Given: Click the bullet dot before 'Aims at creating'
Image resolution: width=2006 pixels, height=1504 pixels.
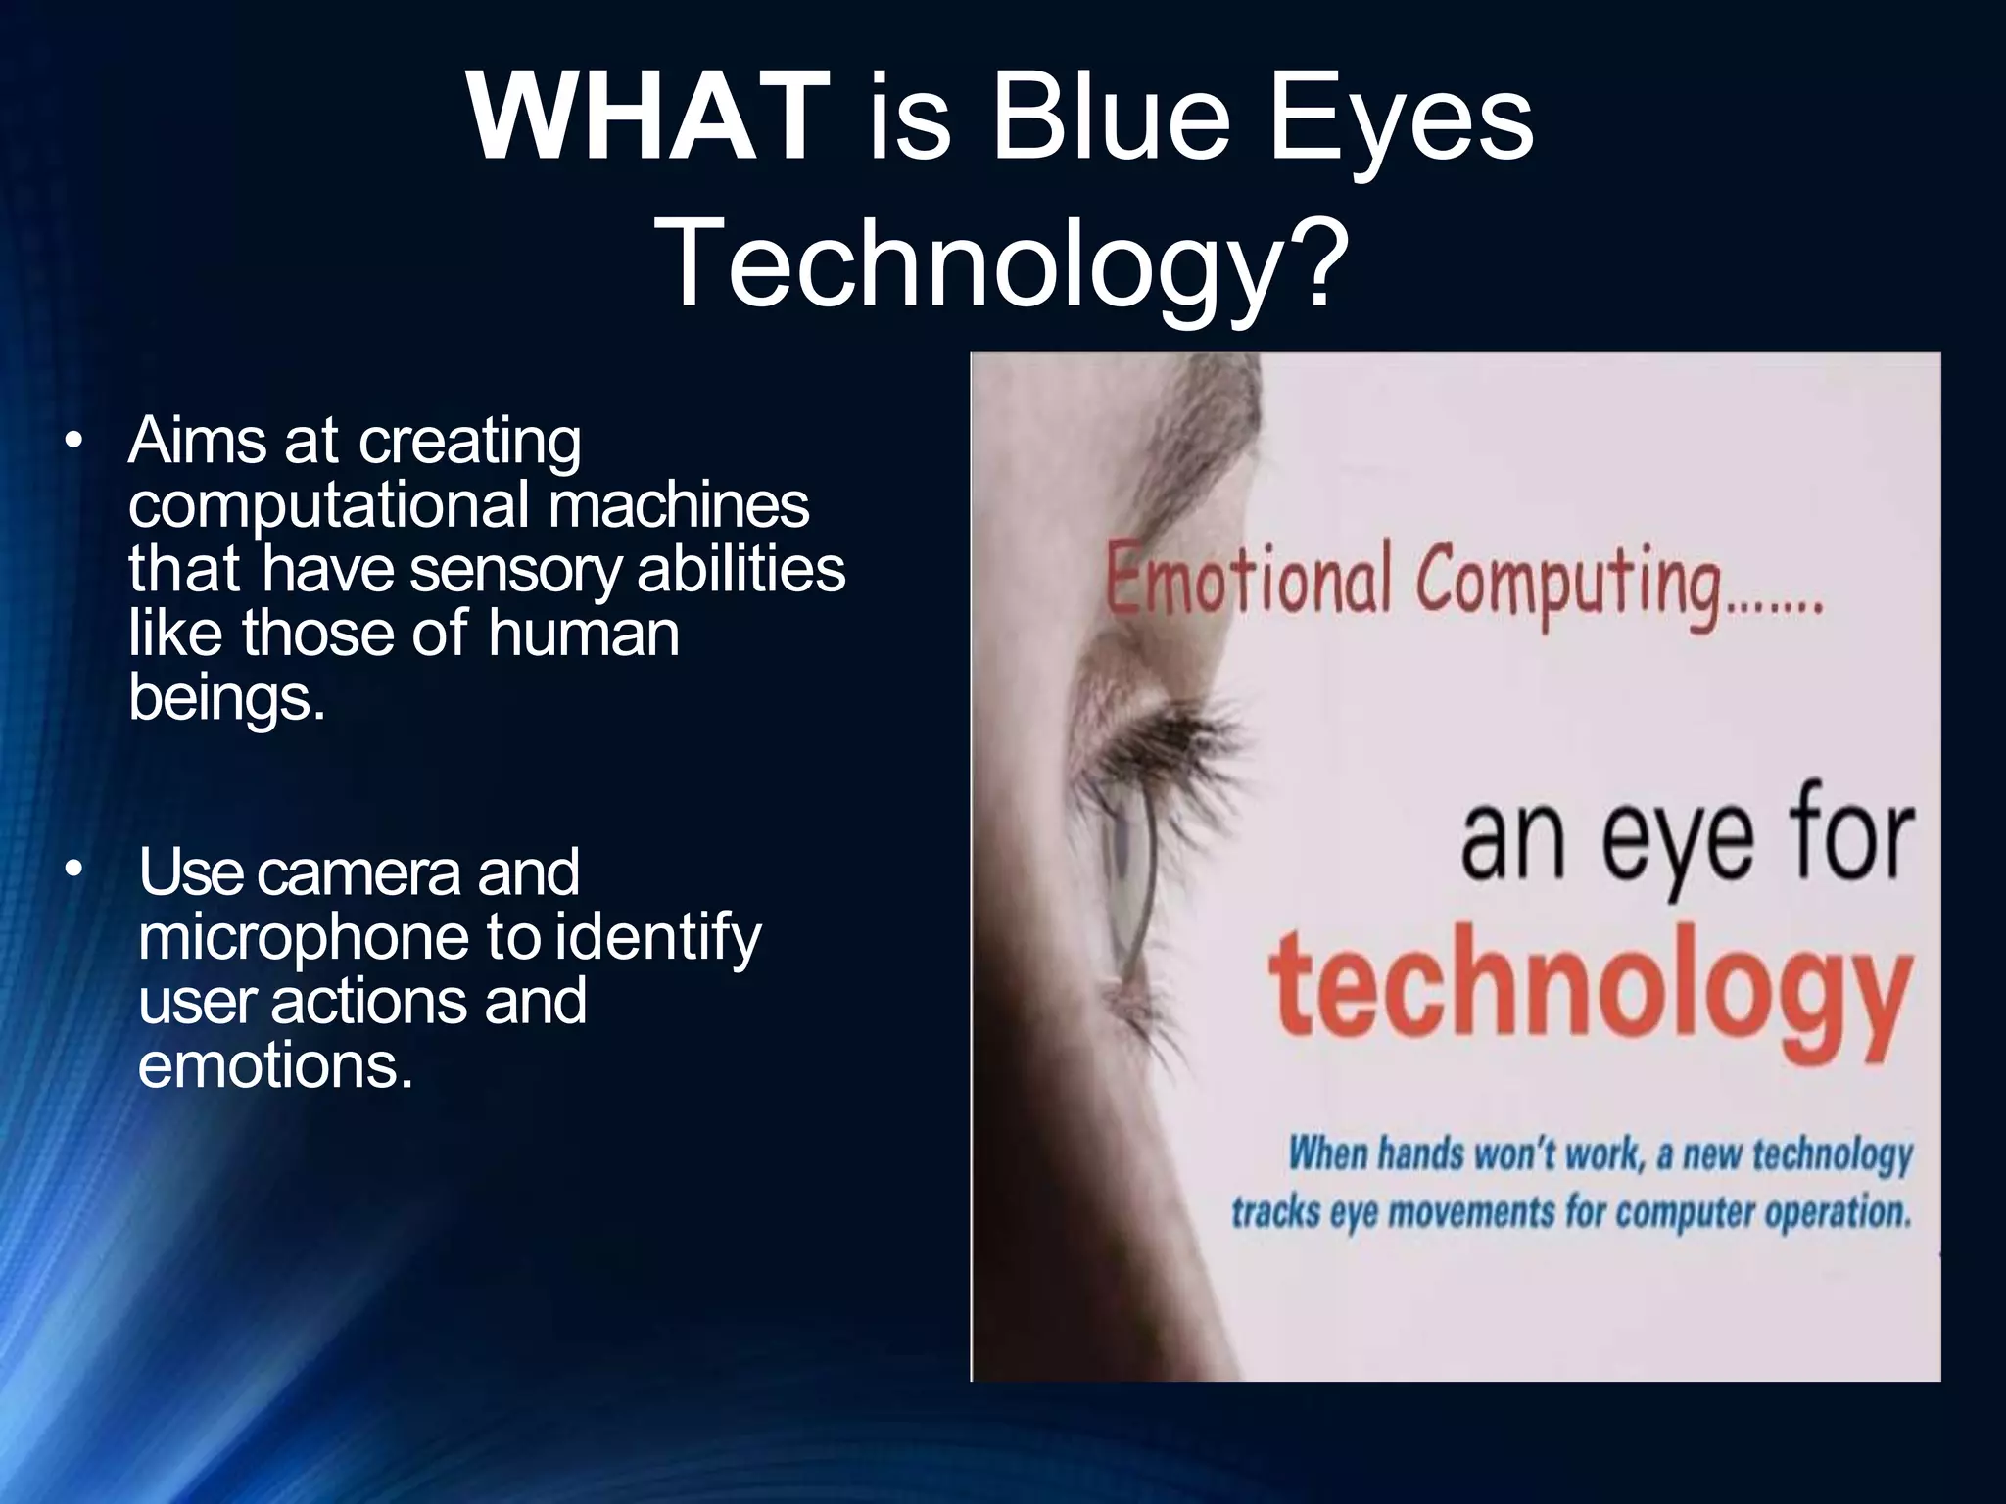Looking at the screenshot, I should [72, 443].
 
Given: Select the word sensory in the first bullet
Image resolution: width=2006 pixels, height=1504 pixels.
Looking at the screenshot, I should [515, 570].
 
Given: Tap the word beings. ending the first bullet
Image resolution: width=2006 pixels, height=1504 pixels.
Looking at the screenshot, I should [225, 697].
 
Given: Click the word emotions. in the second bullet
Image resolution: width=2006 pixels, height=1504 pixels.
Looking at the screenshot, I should [275, 1064].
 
